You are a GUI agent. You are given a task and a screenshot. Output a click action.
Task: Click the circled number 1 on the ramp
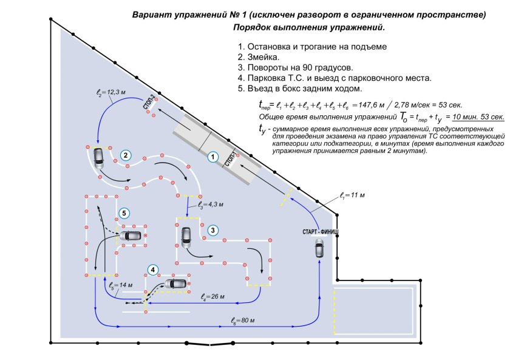pos(212,156)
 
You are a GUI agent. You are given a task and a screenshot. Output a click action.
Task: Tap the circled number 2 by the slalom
pos(126,155)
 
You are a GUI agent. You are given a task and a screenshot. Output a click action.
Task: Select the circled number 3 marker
pos(212,229)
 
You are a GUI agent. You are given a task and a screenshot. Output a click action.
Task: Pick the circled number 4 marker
pos(154,270)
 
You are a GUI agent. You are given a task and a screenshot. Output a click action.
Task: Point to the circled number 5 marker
pos(124,213)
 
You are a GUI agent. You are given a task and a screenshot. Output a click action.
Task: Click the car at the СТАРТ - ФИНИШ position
pos(319,248)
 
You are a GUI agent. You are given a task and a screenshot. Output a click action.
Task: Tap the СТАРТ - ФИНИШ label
pos(320,233)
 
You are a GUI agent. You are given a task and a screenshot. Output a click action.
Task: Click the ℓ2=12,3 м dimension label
pos(111,93)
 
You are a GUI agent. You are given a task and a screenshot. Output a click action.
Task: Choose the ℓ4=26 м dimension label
pos(212,297)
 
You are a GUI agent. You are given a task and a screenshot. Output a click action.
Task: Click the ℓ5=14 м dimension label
pos(120,285)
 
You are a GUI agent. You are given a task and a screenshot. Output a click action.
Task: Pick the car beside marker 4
pos(176,284)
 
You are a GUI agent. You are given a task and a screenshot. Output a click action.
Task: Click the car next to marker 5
pos(130,236)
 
